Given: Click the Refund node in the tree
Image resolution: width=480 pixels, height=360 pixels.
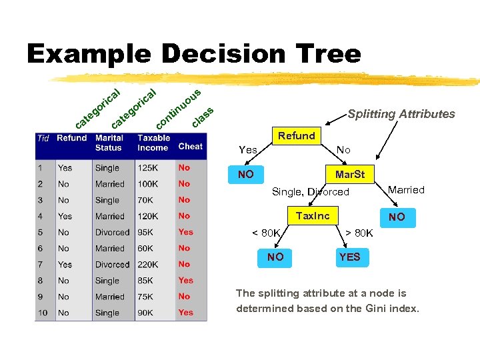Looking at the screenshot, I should (x=296, y=136).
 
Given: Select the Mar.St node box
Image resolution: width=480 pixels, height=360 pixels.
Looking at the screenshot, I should (x=349, y=175).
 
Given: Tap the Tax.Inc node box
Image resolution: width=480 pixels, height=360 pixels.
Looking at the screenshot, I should (x=312, y=215).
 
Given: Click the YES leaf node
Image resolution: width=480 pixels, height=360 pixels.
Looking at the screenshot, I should (x=349, y=257).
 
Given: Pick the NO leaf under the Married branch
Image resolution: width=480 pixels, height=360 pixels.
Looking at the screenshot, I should (x=397, y=217).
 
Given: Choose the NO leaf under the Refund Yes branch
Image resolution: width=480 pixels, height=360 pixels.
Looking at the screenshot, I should (x=245, y=175).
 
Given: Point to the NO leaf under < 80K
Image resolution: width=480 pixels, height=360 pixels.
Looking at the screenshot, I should (x=275, y=257).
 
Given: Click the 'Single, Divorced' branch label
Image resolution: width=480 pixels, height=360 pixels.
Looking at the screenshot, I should (x=310, y=192).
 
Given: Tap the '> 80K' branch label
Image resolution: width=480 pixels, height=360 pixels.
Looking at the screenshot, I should (x=359, y=233).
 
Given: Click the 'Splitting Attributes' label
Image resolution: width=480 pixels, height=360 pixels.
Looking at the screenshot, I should (x=401, y=114).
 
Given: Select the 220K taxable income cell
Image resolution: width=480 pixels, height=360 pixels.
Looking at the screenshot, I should (x=149, y=265).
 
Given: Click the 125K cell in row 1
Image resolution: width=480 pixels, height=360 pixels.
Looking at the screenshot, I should (x=149, y=168).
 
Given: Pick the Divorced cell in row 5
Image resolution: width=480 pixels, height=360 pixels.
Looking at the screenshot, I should (x=112, y=233).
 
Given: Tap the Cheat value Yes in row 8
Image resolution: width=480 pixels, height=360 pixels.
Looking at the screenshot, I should (x=185, y=281).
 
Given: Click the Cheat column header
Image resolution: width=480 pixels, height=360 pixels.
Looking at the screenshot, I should (x=190, y=146).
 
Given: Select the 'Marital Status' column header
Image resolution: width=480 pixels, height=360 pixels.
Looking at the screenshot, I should (x=109, y=143).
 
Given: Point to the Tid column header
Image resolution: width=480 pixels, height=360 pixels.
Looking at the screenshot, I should (x=43, y=139).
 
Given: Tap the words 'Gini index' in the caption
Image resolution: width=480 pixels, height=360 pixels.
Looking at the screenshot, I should (x=393, y=309).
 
